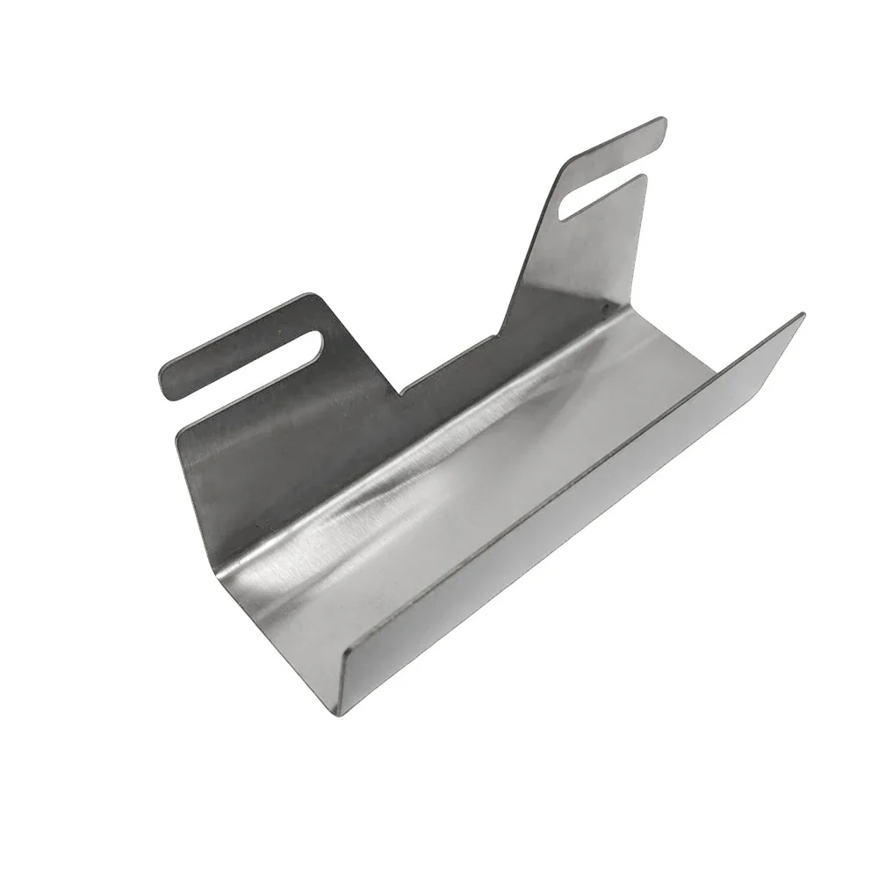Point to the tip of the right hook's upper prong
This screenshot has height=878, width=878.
pyautogui.click(x=660, y=124)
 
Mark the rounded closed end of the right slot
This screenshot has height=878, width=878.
pyautogui.click(x=571, y=209)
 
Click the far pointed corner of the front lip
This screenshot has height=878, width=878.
pyautogui.click(x=803, y=314)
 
